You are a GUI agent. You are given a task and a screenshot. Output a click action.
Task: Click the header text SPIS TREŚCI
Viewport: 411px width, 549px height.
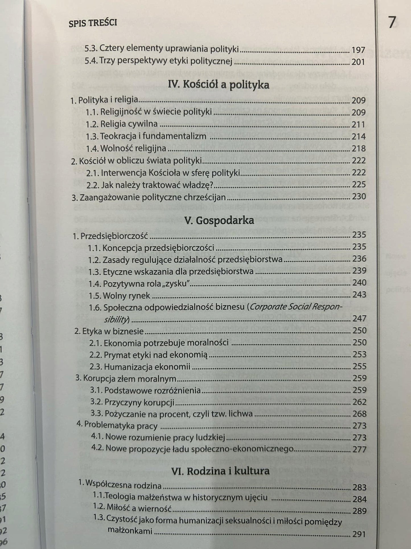tap(93, 23)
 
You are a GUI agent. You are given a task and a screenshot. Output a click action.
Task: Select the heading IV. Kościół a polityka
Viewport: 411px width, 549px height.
tap(218, 85)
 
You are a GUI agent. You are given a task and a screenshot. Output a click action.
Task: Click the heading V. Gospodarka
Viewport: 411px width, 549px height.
tap(219, 220)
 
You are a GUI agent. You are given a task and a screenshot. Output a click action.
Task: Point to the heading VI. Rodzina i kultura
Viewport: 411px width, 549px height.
tap(220, 471)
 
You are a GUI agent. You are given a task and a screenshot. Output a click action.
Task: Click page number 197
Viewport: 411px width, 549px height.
tap(358, 50)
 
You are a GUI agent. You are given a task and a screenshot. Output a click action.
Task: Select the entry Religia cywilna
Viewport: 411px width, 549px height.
tap(129, 124)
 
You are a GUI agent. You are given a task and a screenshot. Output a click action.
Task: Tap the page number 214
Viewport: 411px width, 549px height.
tap(358, 136)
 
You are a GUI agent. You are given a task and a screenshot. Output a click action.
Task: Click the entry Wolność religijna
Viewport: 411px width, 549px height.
tap(133, 148)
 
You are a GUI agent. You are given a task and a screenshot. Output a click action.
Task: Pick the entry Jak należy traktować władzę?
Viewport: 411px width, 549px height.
tap(157, 185)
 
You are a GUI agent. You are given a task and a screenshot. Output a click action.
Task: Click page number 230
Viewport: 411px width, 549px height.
tap(359, 197)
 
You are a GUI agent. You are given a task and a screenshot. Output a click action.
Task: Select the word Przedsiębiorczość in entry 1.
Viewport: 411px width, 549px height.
tap(114, 236)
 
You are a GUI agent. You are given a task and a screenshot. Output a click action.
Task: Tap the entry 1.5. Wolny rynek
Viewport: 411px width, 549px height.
tap(119, 295)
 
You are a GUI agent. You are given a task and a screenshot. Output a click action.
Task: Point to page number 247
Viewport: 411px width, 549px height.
tap(360, 318)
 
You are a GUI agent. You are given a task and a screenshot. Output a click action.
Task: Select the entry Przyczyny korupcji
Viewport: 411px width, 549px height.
tap(139, 402)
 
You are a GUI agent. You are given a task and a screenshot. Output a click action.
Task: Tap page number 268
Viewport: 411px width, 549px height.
tap(360, 414)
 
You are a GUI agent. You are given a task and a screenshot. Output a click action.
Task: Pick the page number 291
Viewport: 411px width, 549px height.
tap(359, 534)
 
